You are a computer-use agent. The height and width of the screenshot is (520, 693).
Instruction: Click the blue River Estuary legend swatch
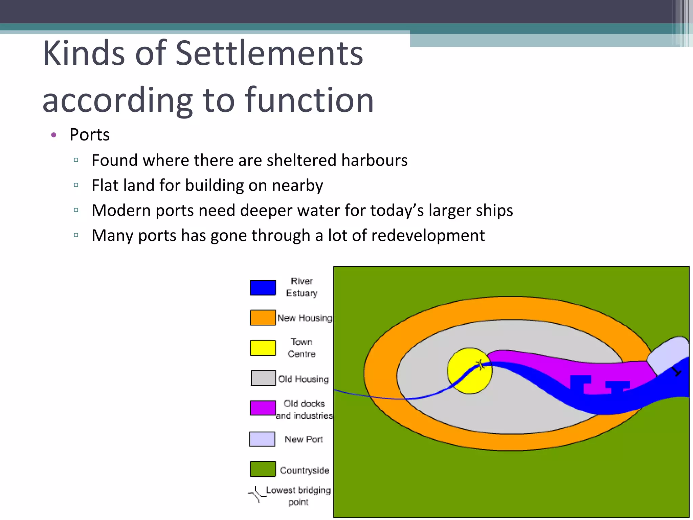(x=263, y=288)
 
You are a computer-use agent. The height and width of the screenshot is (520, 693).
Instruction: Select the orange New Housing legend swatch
(x=263, y=318)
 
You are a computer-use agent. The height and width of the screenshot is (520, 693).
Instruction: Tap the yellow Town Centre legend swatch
(x=263, y=348)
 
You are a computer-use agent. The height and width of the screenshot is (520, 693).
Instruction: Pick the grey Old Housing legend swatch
(x=263, y=378)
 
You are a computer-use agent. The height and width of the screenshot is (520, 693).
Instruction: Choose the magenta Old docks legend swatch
(x=263, y=408)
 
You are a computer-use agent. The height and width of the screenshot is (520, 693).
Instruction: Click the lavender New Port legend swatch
(x=262, y=439)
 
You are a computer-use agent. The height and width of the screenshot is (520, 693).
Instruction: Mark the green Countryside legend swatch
(x=263, y=469)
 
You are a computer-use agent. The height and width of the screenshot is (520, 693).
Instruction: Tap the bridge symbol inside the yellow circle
(x=480, y=365)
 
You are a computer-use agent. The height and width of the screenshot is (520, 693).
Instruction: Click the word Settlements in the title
(x=269, y=53)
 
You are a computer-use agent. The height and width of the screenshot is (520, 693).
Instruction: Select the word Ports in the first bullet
(x=89, y=135)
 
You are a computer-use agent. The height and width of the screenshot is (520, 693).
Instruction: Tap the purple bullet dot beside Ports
(x=53, y=135)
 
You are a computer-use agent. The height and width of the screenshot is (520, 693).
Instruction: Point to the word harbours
(x=374, y=160)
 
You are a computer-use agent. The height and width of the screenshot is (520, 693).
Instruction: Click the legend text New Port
(x=304, y=439)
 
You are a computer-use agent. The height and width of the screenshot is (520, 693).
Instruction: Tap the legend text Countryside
(x=305, y=470)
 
